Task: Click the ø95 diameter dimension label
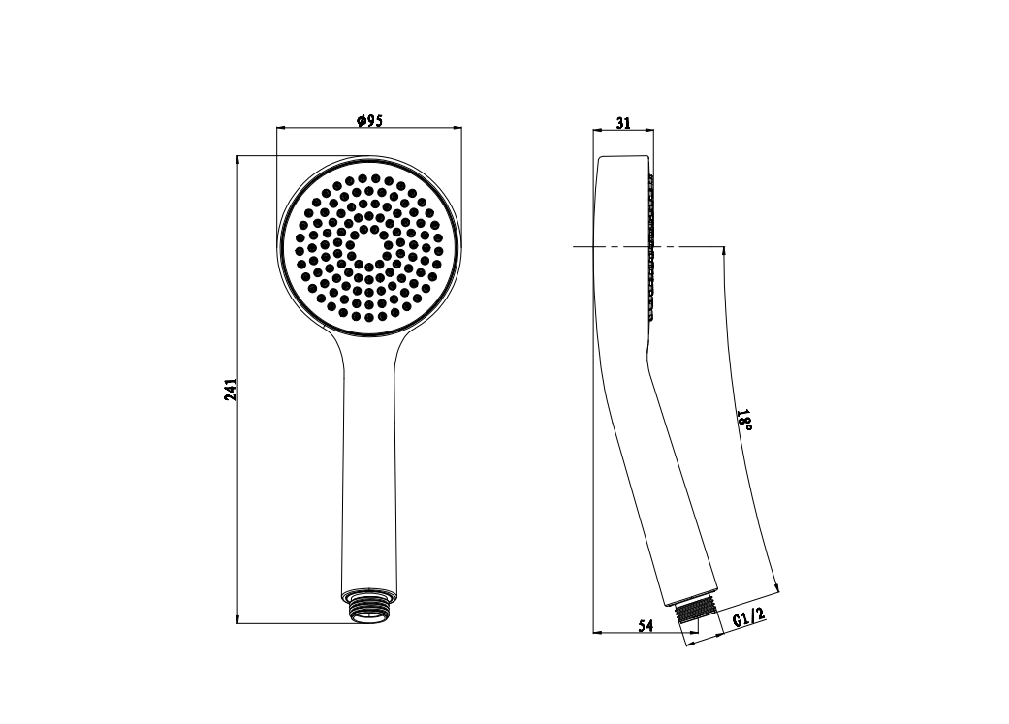tap(369, 120)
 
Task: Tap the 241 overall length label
tap(231, 390)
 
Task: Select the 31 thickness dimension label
tap(623, 122)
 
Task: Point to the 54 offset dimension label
tap(646, 625)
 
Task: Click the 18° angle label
tap(744, 420)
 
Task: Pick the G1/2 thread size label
tap(749, 617)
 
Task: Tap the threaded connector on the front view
tap(368, 605)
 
